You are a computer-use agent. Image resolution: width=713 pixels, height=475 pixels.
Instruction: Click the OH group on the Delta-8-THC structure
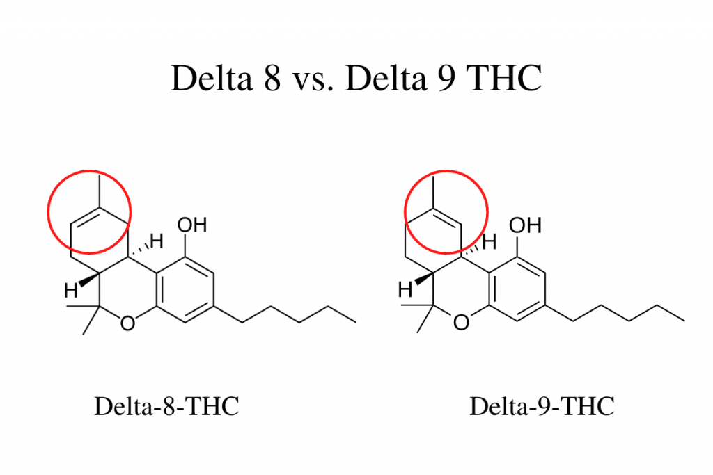pyautogui.click(x=192, y=225)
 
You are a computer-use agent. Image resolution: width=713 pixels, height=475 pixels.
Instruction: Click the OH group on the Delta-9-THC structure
pyautogui.click(x=525, y=225)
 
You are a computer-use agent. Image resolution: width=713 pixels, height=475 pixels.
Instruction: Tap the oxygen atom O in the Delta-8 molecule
pyautogui.click(x=128, y=323)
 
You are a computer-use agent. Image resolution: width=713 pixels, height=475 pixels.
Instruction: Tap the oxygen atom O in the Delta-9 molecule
pyautogui.click(x=461, y=323)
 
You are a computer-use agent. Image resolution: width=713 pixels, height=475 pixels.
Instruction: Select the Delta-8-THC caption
pyautogui.click(x=166, y=406)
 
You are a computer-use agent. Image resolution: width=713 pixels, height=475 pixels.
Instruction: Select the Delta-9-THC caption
pyautogui.click(x=542, y=406)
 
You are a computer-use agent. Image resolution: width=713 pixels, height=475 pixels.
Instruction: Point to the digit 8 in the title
pyautogui.click(x=272, y=78)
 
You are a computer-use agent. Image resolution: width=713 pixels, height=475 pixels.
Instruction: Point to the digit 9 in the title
pyautogui.click(x=446, y=78)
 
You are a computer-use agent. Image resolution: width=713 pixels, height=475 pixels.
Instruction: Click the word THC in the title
pyautogui.click(x=504, y=78)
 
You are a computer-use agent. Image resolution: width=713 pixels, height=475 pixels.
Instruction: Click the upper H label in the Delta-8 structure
pyautogui.click(x=157, y=241)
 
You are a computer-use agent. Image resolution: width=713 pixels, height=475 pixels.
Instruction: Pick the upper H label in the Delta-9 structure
pyautogui.click(x=489, y=241)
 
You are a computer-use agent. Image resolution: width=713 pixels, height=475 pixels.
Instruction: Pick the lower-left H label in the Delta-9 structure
pyautogui.click(x=405, y=289)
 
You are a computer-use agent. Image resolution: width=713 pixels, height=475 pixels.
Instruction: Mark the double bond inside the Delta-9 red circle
pyautogui.click(x=448, y=217)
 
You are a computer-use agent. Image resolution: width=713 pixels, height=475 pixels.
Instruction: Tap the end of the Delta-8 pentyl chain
pyautogui.click(x=356, y=323)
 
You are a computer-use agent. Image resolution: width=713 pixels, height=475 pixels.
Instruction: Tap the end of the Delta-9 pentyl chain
pyautogui.click(x=685, y=321)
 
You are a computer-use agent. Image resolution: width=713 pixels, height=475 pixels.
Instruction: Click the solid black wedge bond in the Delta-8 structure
pyautogui.click(x=89, y=280)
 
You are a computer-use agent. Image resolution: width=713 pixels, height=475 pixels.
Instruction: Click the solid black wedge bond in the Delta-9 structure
pyautogui.click(x=423, y=278)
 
